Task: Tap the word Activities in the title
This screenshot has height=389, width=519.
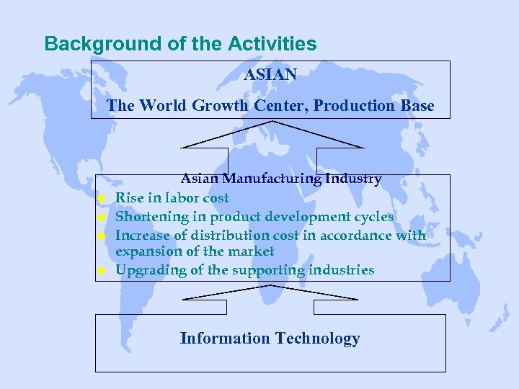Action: tap(272, 44)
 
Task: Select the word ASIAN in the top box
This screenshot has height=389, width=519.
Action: tap(270, 75)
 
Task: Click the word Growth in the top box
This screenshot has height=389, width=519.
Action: tap(221, 106)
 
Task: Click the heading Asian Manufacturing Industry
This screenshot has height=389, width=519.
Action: tap(280, 179)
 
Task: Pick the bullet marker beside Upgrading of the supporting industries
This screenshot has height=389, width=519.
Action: tap(102, 272)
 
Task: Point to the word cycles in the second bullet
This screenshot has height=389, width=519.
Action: tap(372, 217)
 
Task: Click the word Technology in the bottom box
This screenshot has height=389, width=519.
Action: tap(318, 339)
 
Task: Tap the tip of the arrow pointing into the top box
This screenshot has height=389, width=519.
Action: tap(272, 121)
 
